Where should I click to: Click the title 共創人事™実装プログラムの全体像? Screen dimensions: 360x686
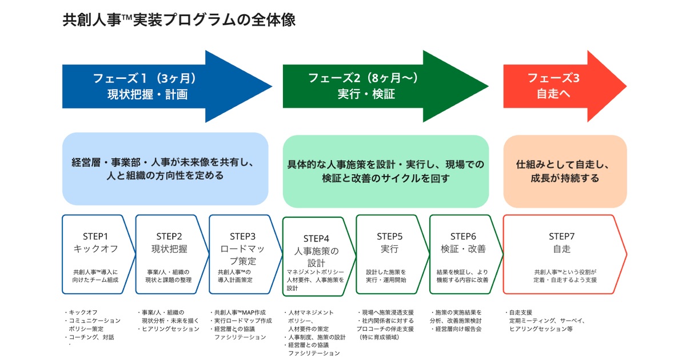(x=179, y=20)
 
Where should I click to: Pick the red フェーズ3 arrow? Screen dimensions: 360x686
(x=555, y=86)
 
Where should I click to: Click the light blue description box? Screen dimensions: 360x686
(x=165, y=169)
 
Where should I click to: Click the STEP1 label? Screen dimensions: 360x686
(x=95, y=237)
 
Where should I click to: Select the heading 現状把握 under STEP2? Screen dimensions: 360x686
(x=169, y=249)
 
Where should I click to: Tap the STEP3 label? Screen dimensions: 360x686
(x=242, y=237)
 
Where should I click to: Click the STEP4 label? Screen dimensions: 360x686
(x=316, y=239)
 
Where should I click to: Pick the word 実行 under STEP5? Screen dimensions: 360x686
(x=389, y=249)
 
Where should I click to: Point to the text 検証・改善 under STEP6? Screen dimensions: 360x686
(x=463, y=249)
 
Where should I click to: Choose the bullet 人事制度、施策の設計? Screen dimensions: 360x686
(x=317, y=337)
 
